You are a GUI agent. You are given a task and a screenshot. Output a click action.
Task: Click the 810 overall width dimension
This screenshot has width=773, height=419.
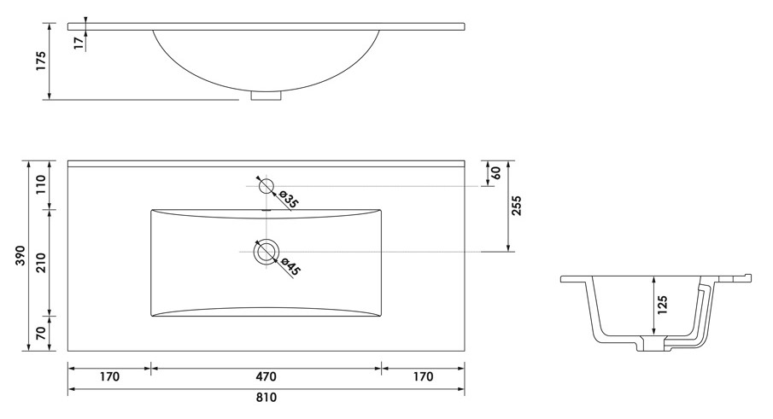click(x=266, y=397)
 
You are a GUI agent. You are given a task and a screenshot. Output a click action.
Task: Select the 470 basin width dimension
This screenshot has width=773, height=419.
click(x=266, y=376)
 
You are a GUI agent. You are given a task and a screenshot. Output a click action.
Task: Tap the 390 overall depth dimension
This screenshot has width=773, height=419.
click(x=20, y=255)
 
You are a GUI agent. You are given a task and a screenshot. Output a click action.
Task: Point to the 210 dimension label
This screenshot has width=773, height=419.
click(x=41, y=263)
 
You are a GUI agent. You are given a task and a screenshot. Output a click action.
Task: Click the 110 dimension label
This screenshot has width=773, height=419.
click(x=41, y=184)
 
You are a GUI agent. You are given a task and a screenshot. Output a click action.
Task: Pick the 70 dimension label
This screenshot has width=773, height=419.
click(x=41, y=334)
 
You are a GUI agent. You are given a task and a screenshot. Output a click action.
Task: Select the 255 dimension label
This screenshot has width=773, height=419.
click(x=516, y=206)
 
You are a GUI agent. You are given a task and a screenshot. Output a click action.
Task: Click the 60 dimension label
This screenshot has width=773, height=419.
click(x=496, y=173)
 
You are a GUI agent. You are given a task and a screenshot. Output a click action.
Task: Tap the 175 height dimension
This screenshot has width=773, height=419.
click(x=41, y=61)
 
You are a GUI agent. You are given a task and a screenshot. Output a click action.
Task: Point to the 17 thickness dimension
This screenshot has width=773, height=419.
click(x=79, y=43)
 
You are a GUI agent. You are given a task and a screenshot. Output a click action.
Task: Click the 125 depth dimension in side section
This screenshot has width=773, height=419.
click(x=662, y=306)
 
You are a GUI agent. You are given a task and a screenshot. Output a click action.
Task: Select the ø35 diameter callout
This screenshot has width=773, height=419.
click(x=290, y=199)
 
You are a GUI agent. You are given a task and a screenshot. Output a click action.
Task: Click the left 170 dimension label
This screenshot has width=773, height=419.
click(x=109, y=376)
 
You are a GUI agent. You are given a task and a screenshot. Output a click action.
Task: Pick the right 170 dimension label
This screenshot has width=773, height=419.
click(x=423, y=376)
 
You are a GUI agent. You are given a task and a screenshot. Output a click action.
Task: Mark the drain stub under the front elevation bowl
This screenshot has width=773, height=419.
click(x=266, y=96)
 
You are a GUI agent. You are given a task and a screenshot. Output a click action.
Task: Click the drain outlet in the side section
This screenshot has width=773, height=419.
click(x=653, y=344)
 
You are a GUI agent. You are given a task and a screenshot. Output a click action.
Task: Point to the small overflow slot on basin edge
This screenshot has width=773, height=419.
click(x=266, y=212)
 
